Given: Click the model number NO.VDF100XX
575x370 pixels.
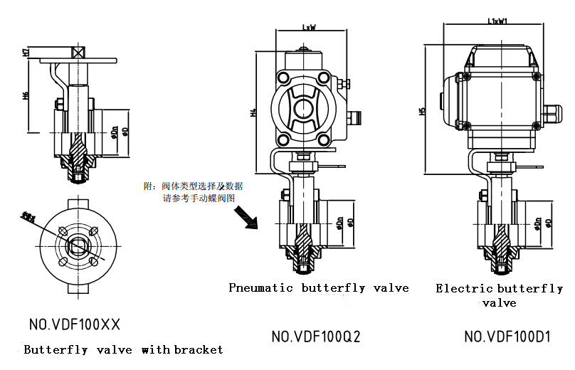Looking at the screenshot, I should (75, 325).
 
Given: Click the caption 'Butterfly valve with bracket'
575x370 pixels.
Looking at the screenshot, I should (123, 349).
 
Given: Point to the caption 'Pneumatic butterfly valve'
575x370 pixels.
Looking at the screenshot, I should (319, 288).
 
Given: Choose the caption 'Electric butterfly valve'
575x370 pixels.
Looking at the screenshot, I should (499, 295).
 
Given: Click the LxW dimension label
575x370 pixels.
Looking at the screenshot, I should (308, 28).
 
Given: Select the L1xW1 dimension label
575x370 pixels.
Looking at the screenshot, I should (497, 21).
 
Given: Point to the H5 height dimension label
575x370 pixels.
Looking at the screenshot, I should (422, 111).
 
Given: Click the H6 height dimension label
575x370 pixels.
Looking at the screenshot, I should (26, 95).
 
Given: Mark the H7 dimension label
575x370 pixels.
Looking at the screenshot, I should (26, 53).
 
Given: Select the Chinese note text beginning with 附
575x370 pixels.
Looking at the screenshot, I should (194, 192).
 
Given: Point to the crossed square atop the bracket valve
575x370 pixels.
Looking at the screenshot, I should (78, 52).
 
